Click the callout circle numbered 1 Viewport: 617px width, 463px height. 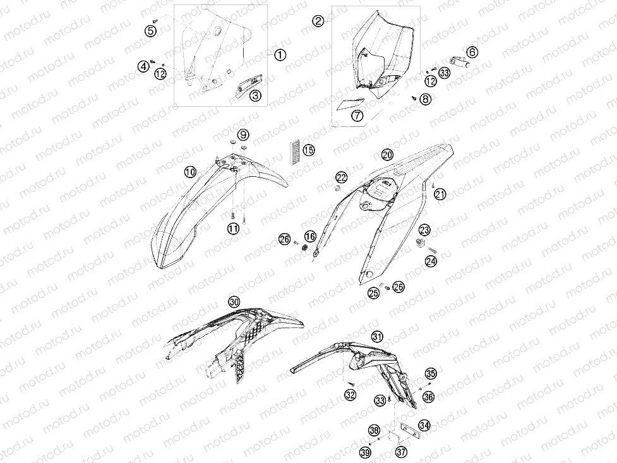[x=280, y=54]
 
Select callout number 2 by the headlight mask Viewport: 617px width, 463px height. [x=318, y=20]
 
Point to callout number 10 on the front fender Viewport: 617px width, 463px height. [x=191, y=172]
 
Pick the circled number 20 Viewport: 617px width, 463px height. [x=387, y=155]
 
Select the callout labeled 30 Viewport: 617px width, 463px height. [x=234, y=302]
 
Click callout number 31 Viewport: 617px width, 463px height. [x=377, y=337]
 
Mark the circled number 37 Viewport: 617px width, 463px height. [x=402, y=452]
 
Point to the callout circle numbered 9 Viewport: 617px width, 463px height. [x=244, y=135]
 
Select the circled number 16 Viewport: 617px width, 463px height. [x=311, y=236]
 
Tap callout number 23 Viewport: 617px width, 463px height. [x=424, y=229]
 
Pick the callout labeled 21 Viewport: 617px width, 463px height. [x=440, y=194]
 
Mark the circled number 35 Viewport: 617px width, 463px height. [x=431, y=373]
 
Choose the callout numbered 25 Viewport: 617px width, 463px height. [x=373, y=293]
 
